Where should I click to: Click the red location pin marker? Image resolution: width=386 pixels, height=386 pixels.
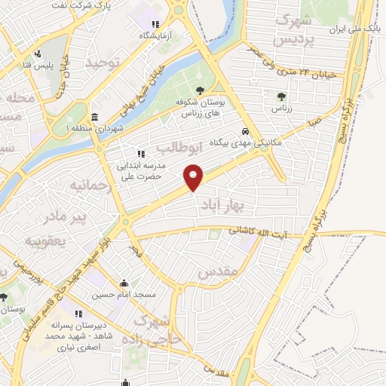[x=195, y=176]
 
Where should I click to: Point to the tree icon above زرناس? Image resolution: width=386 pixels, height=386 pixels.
[x=281, y=96]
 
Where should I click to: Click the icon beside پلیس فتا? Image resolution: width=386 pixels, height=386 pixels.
[x=37, y=54]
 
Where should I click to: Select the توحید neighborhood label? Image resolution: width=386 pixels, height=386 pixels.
[x=103, y=62]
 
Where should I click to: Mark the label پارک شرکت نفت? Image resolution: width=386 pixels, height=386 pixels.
[x=113, y=6]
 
